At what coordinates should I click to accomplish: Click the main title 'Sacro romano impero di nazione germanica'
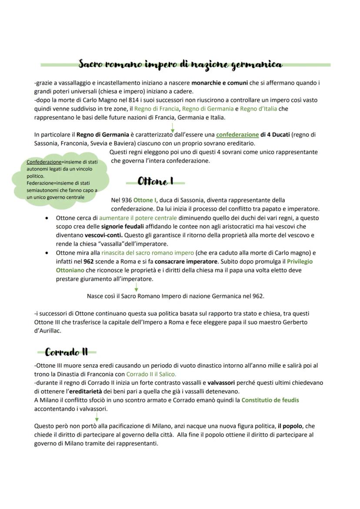(180, 64)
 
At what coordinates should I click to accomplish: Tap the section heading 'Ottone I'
(155, 182)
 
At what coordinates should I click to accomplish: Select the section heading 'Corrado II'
(67, 352)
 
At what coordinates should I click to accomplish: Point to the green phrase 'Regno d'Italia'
(258, 109)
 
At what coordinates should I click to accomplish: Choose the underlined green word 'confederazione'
(237, 135)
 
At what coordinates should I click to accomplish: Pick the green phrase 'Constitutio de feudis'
(270, 400)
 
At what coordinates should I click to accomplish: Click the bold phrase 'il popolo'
(290, 426)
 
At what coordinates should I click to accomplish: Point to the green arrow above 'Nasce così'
(136, 287)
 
